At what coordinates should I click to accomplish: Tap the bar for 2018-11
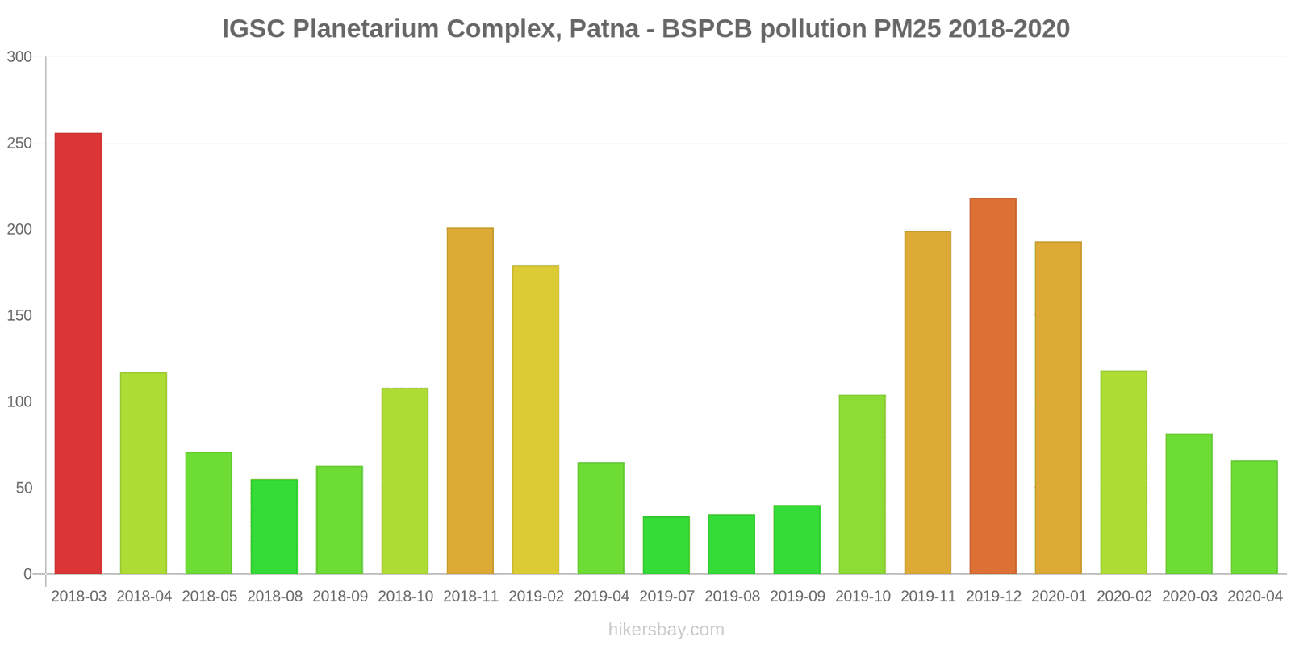click(470, 401)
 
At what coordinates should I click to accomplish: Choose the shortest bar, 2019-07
click(666, 545)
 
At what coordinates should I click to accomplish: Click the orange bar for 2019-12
click(992, 386)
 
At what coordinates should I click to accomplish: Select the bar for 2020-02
click(1123, 472)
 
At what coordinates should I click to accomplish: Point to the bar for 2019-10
click(862, 485)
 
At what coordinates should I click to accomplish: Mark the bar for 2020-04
click(1254, 518)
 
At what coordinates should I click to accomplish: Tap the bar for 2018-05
click(209, 513)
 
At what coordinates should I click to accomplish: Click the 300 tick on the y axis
click(19, 57)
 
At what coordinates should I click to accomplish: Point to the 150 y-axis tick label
click(19, 315)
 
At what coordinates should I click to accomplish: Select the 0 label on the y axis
click(28, 574)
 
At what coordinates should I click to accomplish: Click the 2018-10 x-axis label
click(405, 597)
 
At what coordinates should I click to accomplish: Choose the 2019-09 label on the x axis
click(797, 597)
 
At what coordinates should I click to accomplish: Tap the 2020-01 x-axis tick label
click(1059, 597)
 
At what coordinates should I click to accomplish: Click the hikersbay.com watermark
click(666, 630)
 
